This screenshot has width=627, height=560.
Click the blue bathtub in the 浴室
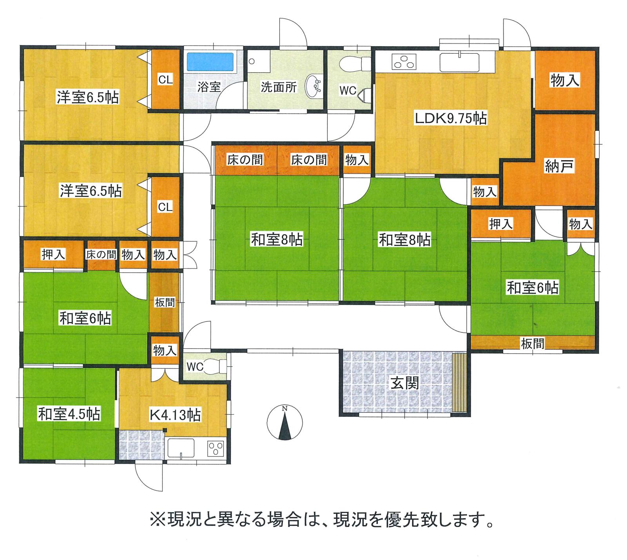click(x=210, y=62)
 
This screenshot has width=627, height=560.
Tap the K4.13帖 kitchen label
click(x=176, y=414)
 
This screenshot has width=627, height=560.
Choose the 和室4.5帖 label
click(x=69, y=414)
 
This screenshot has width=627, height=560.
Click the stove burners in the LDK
click(x=404, y=62)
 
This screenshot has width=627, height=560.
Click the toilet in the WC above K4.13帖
click(x=216, y=366)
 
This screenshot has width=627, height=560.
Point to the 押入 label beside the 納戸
click(x=501, y=224)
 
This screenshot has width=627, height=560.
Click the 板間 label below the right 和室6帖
click(x=533, y=343)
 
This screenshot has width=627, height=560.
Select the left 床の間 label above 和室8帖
click(x=245, y=160)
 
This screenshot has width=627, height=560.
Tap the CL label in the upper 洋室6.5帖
click(x=165, y=80)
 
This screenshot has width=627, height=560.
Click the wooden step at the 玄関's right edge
click(x=459, y=382)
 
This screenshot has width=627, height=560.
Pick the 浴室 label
click(x=209, y=87)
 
